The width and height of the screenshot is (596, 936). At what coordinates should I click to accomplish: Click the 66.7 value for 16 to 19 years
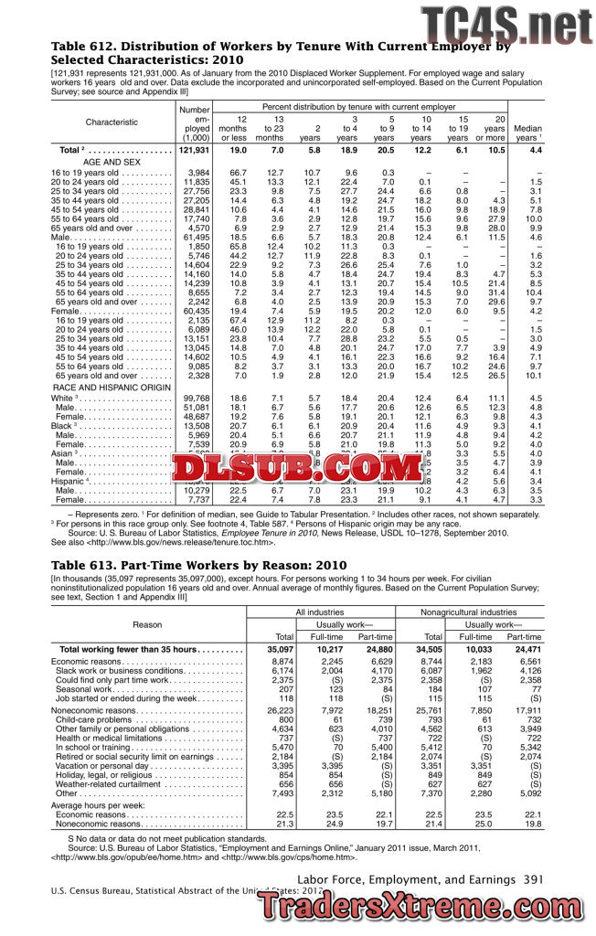239,173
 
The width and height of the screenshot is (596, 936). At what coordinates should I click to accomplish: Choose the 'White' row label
62,399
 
